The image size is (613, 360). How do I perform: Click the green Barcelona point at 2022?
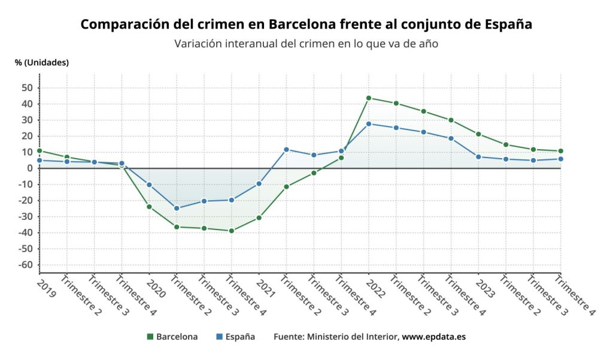[369, 98]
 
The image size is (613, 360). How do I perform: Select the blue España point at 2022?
[369, 124]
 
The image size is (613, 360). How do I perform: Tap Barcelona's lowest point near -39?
[232, 231]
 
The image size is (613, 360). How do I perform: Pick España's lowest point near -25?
[177, 208]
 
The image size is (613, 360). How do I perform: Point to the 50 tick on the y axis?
[28, 87]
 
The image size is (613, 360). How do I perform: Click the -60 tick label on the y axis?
[25, 265]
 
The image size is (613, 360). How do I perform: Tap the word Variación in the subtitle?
[198, 44]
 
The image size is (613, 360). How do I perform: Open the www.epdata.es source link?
[433, 337]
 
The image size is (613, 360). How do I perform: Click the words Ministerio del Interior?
[353, 337]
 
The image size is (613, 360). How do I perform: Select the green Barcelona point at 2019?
[40, 151]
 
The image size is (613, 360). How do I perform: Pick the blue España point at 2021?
[259, 183]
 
